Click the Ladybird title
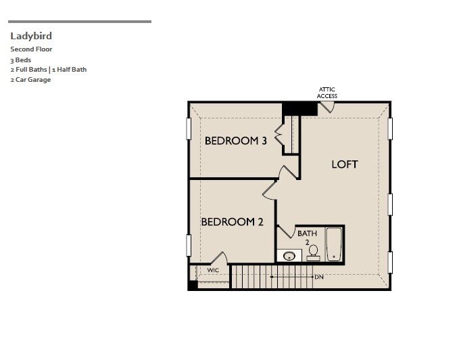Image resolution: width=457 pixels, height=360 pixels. pos(31,36)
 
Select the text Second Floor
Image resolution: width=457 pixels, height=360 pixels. pos(31,49)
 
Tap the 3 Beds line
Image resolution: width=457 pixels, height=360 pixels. pos(21,60)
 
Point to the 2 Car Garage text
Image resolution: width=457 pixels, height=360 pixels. pos(30,79)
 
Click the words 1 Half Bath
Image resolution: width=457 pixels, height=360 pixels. pos(69,69)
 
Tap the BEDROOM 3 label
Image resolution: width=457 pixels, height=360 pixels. pos(235,141)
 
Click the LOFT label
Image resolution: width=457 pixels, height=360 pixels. pos(344,164)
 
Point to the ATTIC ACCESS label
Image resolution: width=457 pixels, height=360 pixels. pos(327,93)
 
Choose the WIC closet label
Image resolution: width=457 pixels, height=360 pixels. pos(213,270)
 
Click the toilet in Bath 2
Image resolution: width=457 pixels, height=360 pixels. pos(313,252)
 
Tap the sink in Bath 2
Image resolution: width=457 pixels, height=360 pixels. pos(291,256)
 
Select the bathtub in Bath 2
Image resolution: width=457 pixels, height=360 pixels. pos(333,244)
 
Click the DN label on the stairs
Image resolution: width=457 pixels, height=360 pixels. pos(319,277)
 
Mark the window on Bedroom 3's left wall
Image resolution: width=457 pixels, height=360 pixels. pos(189,129)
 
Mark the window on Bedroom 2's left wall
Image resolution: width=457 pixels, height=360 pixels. pos(189,245)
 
